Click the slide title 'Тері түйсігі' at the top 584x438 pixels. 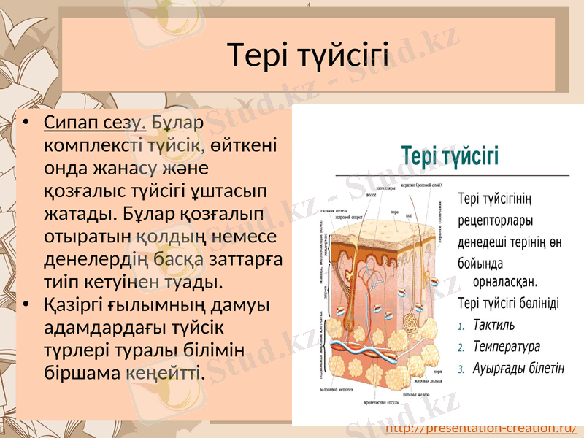click(x=307, y=55)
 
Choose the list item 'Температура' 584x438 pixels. click(x=507, y=346)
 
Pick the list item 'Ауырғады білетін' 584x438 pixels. click(x=518, y=368)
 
